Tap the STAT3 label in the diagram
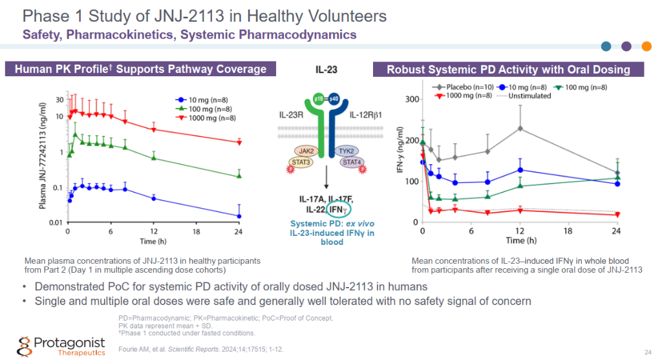point(299,162)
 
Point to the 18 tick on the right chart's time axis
point(568,231)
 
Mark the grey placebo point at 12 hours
point(520,128)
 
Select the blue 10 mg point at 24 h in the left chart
point(239,216)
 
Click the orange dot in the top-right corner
point(645,46)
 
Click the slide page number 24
point(648,352)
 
